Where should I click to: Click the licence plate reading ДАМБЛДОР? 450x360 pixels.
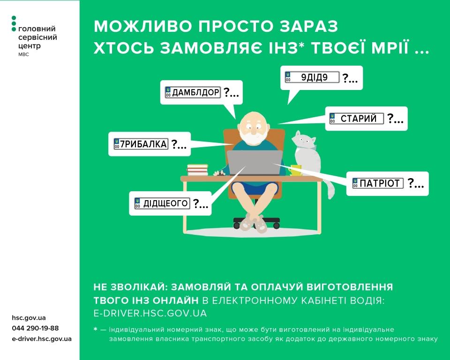pos(193,92)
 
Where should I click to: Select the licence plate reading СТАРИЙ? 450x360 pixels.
pos(356,119)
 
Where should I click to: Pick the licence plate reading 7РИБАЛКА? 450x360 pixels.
pos(141,144)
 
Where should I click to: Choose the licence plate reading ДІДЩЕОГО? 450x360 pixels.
pos(162,203)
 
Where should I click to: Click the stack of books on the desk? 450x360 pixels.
pos(197,170)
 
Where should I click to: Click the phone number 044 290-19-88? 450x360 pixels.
pos(36,328)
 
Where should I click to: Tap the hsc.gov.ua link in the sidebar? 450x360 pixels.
pos(29,318)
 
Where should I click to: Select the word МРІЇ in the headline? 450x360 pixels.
pos(388,48)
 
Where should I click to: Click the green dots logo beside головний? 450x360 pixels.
pos(14,24)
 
